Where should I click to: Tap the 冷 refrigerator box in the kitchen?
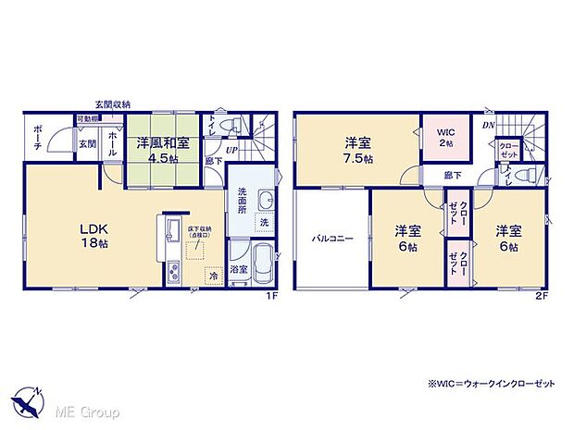[213, 275]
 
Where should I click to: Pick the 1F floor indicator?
[273, 296]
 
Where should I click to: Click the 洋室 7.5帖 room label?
[359, 151]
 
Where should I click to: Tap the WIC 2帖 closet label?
[446, 138]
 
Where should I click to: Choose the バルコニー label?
[331, 239]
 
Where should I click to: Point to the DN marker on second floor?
[488, 125]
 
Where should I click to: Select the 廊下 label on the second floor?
[453, 174]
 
